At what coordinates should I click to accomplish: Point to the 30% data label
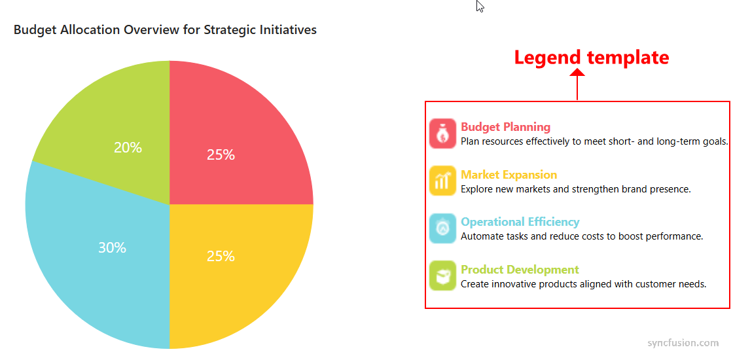pos(112,248)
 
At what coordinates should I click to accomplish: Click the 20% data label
pos(128,148)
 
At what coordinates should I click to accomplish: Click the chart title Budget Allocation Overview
pos(165,29)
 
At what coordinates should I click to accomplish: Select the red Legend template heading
pos(591,57)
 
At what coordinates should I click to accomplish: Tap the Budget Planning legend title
pos(505,127)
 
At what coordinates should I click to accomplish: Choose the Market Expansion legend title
pos(509,175)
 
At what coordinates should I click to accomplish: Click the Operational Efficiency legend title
pos(520,222)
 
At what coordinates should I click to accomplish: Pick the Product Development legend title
pos(520,270)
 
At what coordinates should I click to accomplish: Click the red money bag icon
pos(442,134)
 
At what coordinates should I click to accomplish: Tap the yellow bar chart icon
pos(442,181)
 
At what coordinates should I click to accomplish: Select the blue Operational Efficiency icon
pos(442,228)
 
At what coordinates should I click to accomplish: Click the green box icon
pos(442,276)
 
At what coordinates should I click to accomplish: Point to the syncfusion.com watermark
pos(683,343)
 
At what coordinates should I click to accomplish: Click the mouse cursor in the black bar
pos(480,7)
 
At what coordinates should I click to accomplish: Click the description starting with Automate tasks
pos(582,236)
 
